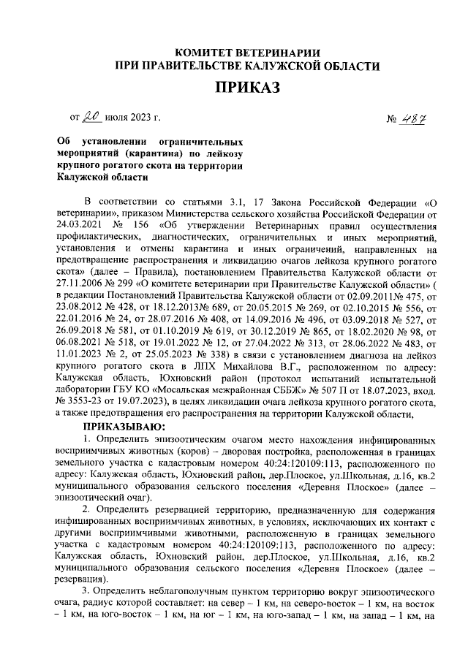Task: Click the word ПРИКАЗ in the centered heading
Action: coord(246,89)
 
